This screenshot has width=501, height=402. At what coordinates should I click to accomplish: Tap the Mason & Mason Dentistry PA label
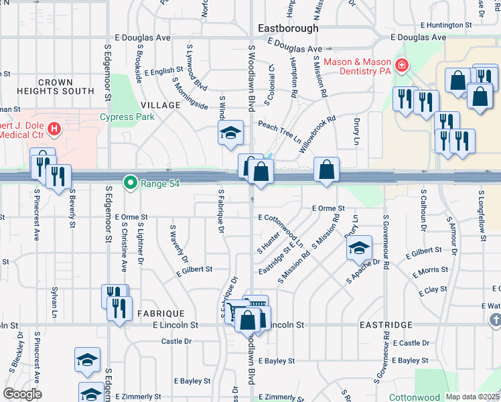(x=358, y=66)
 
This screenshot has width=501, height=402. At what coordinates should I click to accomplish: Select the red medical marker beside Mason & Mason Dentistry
(x=401, y=66)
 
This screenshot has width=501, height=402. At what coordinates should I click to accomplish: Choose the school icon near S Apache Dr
(x=359, y=249)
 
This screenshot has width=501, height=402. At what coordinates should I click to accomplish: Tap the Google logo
(x=23, y=394)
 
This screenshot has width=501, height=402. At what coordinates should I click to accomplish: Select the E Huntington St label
(x=451, y=25)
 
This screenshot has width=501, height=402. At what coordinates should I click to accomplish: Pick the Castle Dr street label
(x=176, y=341)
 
